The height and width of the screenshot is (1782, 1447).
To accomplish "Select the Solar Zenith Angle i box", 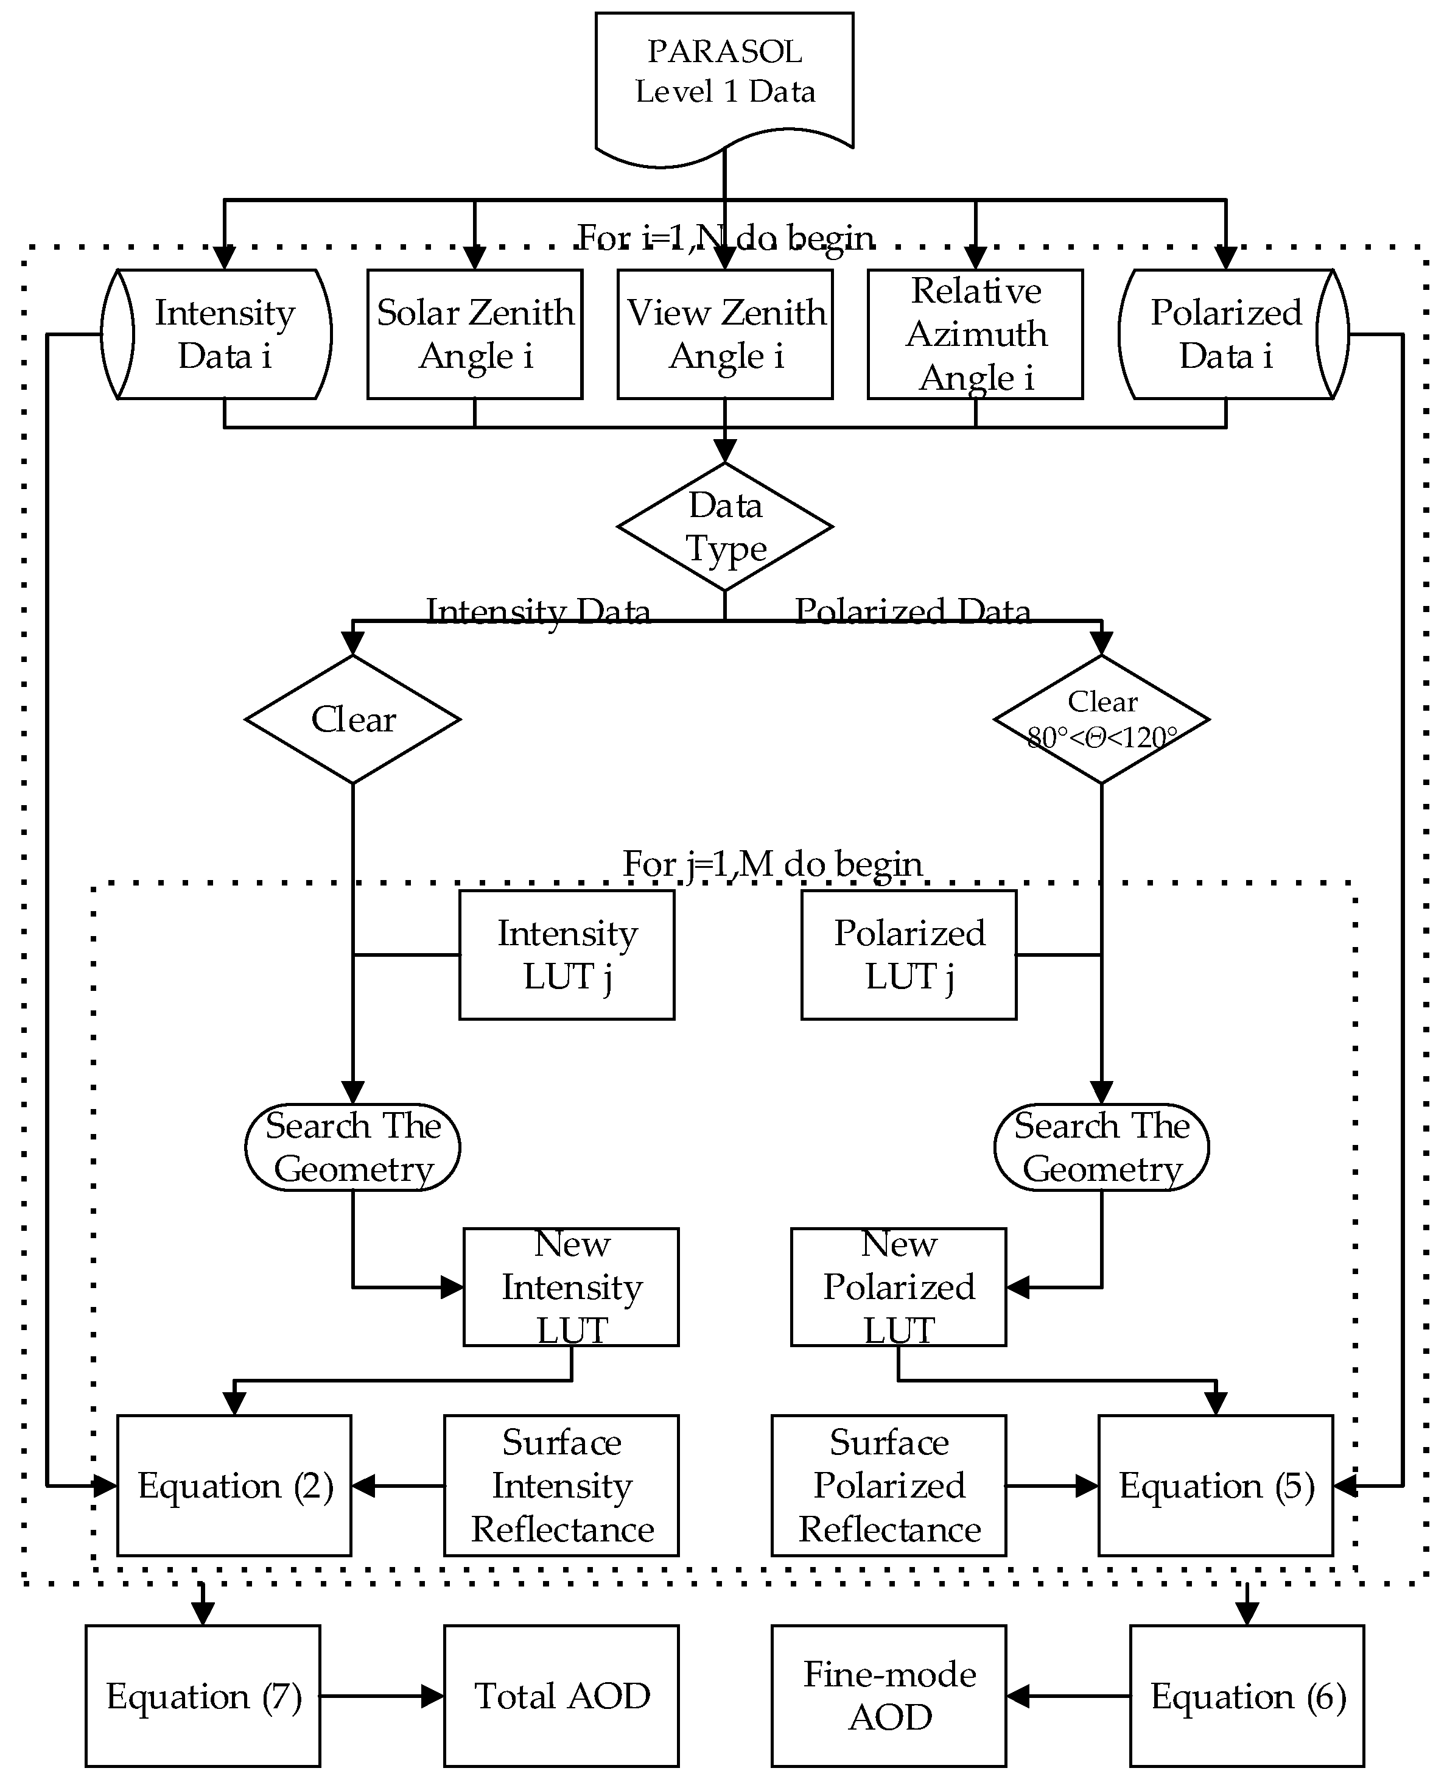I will coord(474,334).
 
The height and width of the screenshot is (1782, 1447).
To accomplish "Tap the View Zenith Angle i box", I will coord(724,334).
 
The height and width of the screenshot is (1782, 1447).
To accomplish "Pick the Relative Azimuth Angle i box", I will coord(975,334).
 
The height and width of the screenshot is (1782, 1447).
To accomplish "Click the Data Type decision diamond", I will coord(724,526).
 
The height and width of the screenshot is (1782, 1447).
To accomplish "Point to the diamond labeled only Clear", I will coord(352,719).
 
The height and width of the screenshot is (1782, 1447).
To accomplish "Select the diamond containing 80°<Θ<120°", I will coord(1101,719).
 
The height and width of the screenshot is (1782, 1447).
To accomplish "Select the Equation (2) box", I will coord(234,1485).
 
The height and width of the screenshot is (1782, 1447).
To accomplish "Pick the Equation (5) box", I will coord(1215,1485).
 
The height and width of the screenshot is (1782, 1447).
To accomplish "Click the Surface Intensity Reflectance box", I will coord(561,1485).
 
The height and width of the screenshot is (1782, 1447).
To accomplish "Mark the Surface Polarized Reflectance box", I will coord(889,1485).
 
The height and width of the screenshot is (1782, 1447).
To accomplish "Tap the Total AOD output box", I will coord(561,1696).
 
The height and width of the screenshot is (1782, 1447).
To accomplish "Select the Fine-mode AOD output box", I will coord(889,1696).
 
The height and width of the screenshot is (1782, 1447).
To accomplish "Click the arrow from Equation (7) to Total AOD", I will coord(382,1696).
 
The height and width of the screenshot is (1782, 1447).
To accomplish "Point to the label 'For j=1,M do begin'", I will coord(773,864).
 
